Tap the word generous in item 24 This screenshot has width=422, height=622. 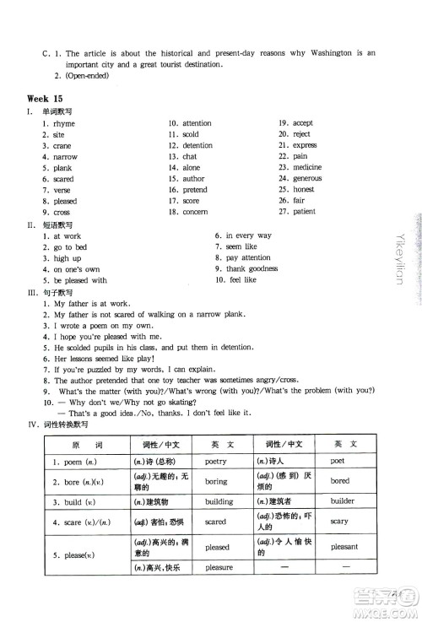(307, 179)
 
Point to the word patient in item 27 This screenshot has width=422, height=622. (305, 212)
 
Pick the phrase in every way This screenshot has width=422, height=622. (248, 235)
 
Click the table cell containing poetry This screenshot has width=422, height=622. (216, 462)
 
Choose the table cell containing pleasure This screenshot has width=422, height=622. (218, 567)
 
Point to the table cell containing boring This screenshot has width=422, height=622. (216, 481)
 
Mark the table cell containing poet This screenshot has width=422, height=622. (338, 462)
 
